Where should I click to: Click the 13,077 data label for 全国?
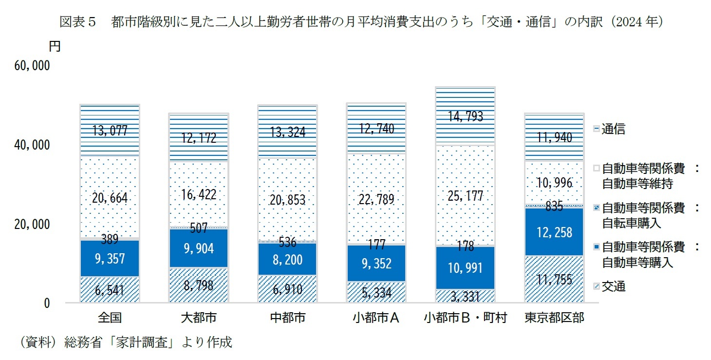(110, 130)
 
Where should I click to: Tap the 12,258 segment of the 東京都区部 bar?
(554, 232)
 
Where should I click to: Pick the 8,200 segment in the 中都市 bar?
(287, 259)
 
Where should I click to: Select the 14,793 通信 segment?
(466, 116)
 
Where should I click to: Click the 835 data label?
(554, 206)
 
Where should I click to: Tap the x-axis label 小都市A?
(376, 318)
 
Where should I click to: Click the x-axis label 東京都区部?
(554, 318)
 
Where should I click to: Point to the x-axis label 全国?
(110, 318)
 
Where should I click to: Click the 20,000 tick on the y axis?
(32, 225)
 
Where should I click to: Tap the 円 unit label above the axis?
(55, 47)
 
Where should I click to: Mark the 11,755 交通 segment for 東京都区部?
(554, 279)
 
